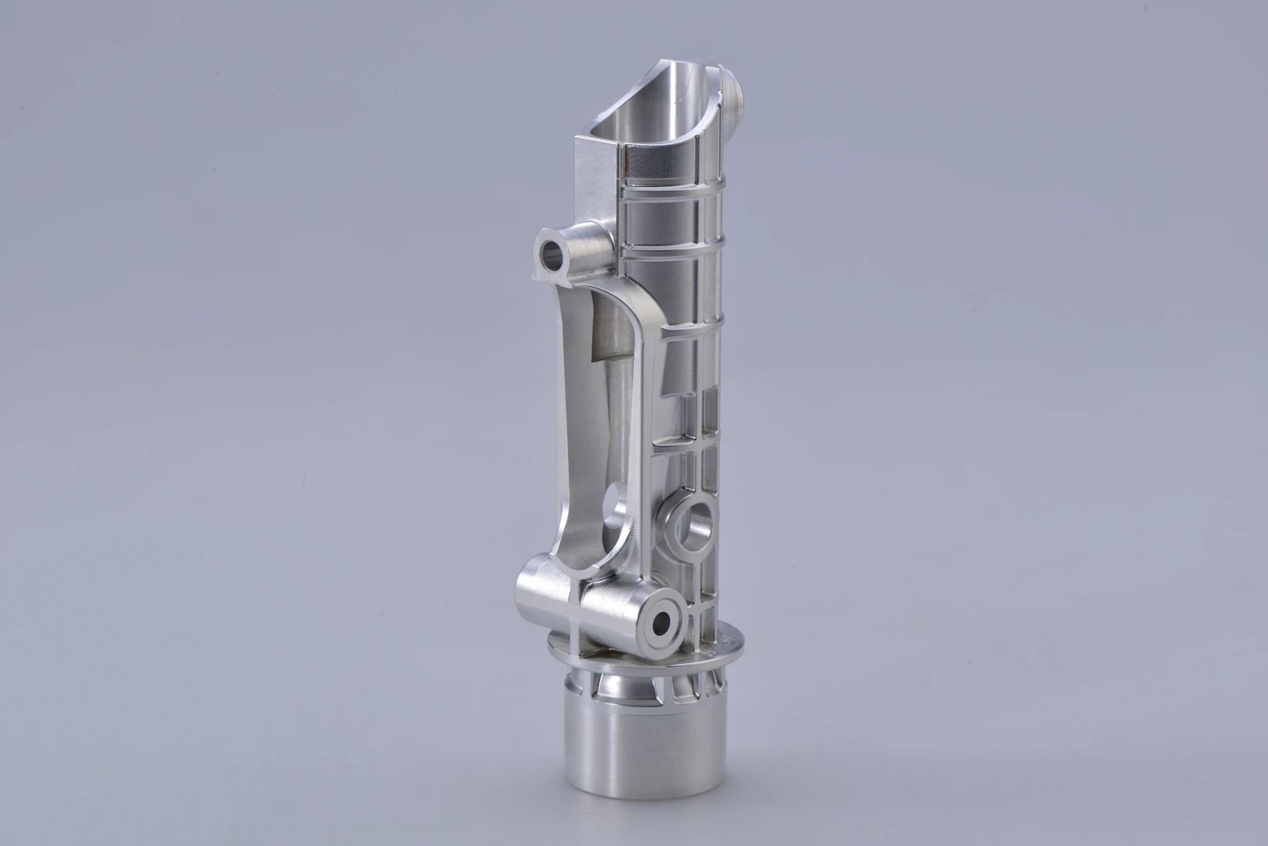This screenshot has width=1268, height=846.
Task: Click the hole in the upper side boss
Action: click(549, 254)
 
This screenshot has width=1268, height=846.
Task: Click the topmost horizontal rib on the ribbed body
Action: click(674, 184)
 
